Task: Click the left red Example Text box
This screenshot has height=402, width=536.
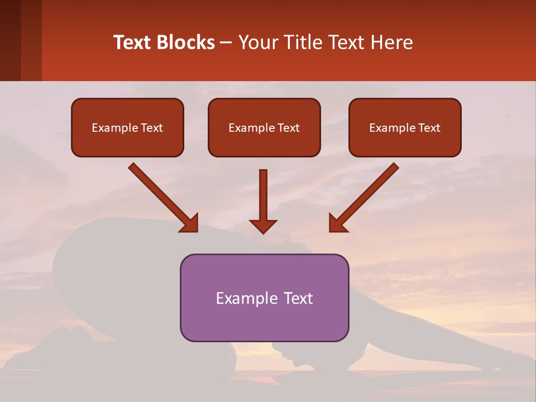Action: (x=127, y=127)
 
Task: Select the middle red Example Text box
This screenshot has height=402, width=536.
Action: (x=264, y=127)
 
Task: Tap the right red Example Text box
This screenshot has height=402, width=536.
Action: (x=405, y=127)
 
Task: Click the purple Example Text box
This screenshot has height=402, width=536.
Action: (x=264, y=298)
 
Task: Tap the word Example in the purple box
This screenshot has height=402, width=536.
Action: (x=243, y=298)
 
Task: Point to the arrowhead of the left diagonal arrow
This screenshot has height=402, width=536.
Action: (x=190, y=223)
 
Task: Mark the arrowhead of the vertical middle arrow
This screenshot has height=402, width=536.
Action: (x=263, y=226)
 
